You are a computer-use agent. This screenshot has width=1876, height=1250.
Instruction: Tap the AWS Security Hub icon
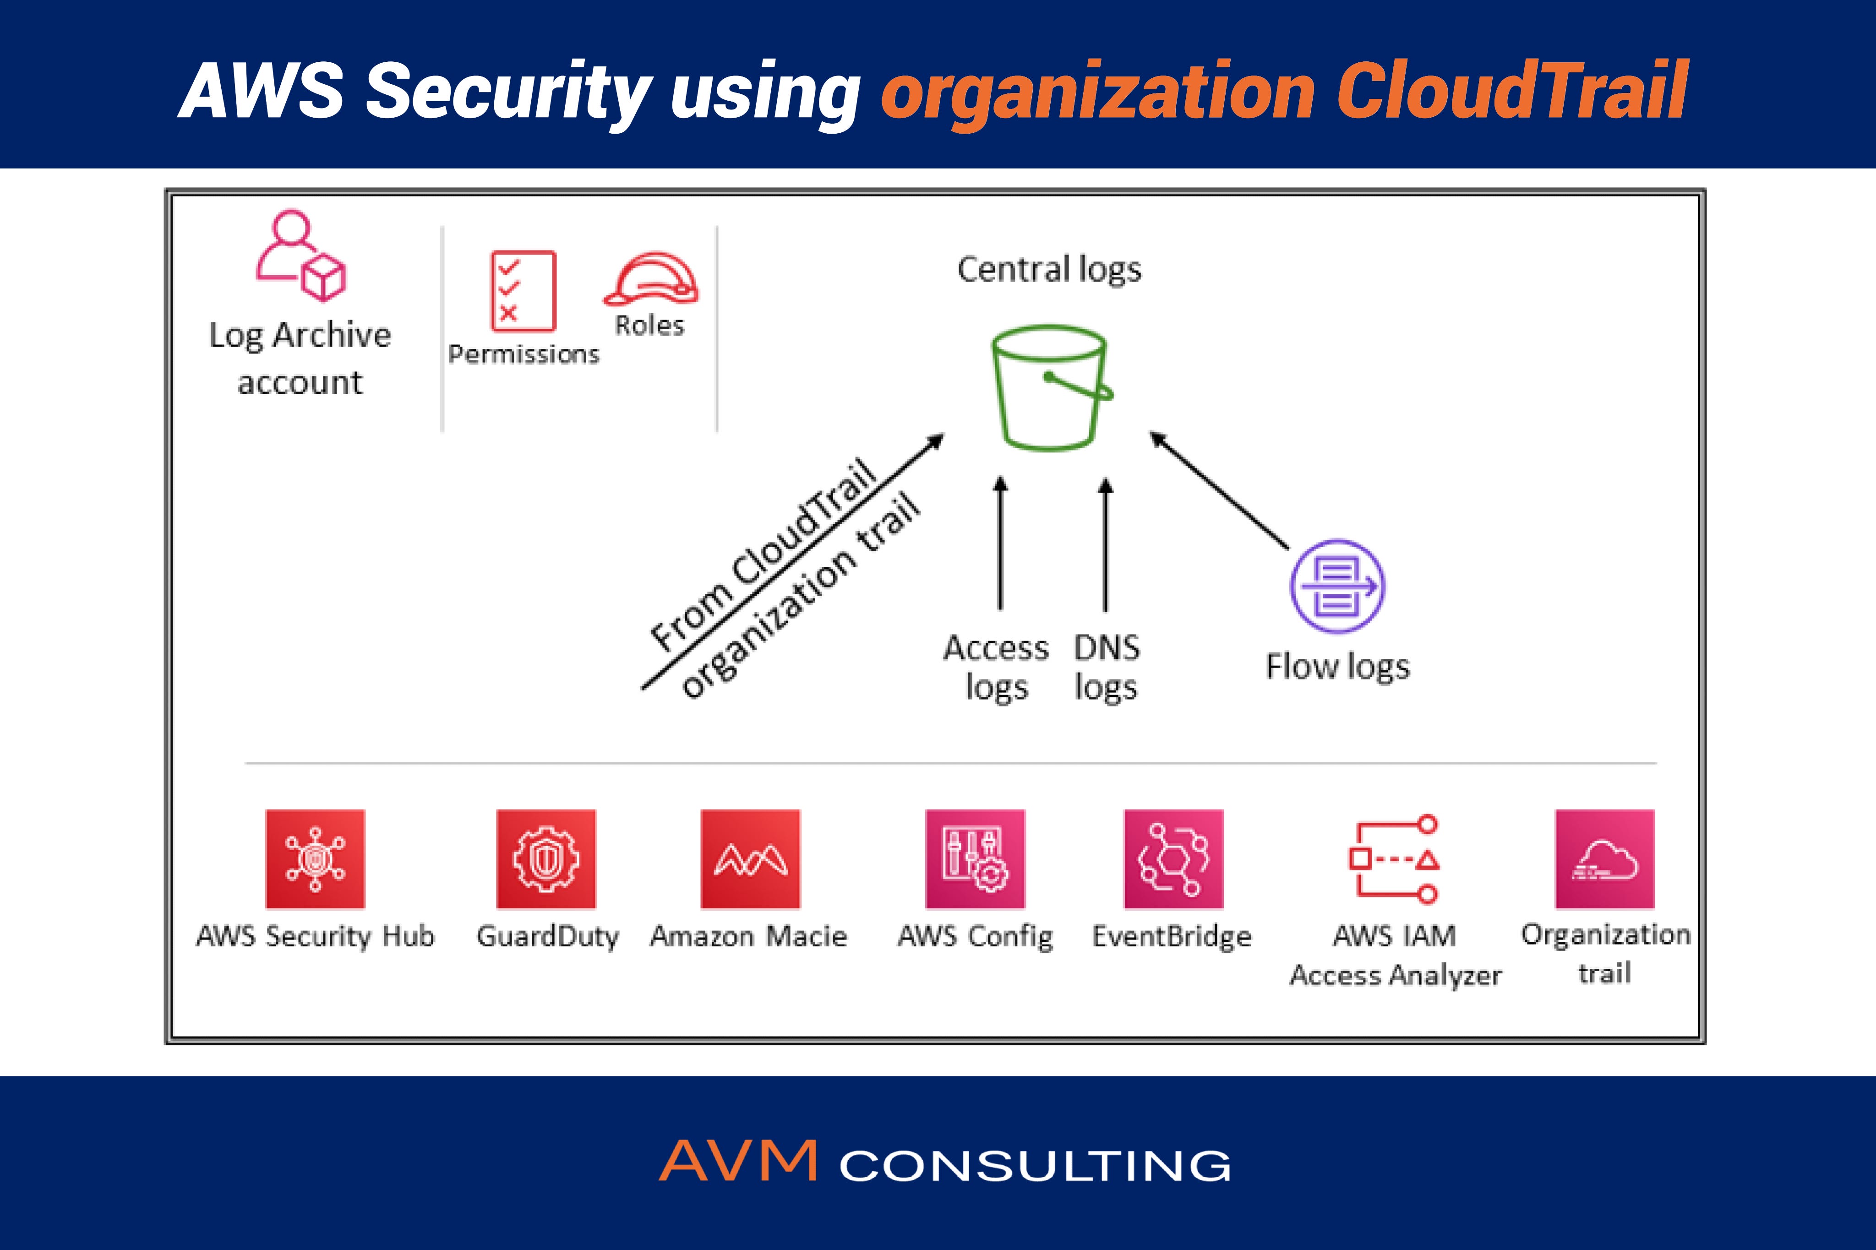(x=315, y=859)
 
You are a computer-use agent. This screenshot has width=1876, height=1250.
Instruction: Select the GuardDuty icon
(x=546, y=859)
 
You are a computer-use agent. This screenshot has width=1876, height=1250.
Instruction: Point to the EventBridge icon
(x=1173, y=859)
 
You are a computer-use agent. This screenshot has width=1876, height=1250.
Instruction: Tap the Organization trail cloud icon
(x=1604, y=859)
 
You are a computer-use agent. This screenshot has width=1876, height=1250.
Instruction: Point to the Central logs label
(x=1049, y=269)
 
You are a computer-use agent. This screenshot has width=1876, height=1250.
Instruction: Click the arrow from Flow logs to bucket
(x=1219, y=490)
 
